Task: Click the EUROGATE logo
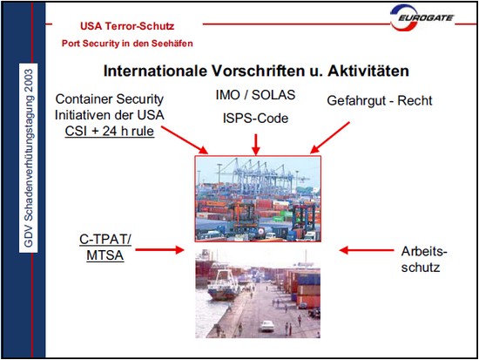click(422, 17)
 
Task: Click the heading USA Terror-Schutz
click(127, 26)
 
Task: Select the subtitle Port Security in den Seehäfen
click(127, 44)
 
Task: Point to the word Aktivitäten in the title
click(368, 71)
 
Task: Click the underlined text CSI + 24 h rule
click(110, 132)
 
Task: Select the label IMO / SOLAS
click(255, 95)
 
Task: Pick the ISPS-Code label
click(255, 119)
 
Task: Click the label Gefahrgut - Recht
click(380, 101)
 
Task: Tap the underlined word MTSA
click(105, 255)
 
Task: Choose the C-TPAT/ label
click(105, 240)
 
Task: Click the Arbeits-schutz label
click(424, 260)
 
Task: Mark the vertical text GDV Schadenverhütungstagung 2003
click(29, 158)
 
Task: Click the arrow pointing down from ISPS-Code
click(256, 144)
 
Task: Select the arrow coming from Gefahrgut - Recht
click(330, 138)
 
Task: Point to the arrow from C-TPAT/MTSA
click(159, 250)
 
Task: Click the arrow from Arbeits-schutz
click(367, 250)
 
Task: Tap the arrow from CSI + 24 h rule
click(185, 139)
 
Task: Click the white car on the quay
click(267, 326)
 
